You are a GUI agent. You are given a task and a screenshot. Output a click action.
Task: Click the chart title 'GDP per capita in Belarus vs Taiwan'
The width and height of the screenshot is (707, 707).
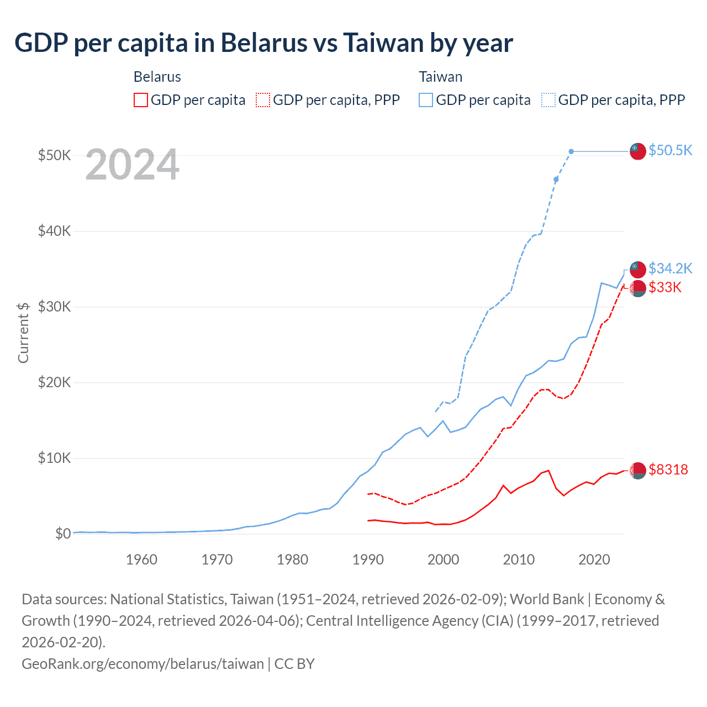[x=263, y=43]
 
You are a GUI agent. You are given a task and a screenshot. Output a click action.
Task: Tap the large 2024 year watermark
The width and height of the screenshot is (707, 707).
[x=133, y=165]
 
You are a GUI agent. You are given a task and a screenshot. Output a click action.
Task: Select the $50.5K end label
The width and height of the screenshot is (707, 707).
[x=670, y=150]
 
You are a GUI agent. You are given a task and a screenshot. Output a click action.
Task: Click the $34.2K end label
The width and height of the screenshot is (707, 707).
[x=670, y=268]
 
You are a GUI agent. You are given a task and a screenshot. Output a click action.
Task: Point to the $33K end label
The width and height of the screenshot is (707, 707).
[x=665, y=287]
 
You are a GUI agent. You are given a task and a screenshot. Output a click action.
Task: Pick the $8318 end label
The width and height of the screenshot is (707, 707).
[x=668, y=469]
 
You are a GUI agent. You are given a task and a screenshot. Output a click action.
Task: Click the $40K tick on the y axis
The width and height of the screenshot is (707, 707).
[x=54, y=231]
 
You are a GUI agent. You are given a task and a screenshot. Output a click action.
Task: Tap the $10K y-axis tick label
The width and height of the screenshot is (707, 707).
[x=54, y=458]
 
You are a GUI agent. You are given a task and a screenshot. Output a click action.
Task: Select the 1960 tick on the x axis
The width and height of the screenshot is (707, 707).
[x=141, y=560]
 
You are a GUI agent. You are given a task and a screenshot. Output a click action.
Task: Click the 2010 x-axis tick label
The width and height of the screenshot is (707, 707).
[x=519, y=560]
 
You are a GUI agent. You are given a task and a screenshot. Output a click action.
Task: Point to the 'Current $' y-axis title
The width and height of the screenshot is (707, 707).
[x=23, y=333]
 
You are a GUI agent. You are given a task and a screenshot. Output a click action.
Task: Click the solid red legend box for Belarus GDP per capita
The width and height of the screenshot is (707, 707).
[x=141, y=100]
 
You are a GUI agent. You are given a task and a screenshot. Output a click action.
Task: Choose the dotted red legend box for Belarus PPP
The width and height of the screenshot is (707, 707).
[x=263, y=100]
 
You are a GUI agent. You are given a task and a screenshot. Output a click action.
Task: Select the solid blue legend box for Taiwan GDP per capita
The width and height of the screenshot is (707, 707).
[x=426, y=100]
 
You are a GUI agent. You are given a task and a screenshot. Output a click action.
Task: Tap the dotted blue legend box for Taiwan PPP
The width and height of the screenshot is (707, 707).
[x=548, y=100]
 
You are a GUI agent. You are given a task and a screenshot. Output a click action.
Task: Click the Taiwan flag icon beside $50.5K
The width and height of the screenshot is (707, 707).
[x=638, y=151]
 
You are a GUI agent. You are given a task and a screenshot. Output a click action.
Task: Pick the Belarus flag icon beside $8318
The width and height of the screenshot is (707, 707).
[x=638, y=470]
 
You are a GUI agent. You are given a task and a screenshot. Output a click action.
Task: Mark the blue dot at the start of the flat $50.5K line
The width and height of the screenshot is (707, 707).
[x=571, y=151]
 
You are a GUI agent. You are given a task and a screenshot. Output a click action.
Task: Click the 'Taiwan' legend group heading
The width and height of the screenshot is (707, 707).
[x=440, y=77]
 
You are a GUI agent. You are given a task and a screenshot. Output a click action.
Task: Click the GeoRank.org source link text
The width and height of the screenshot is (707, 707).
[x=143, y=663]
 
